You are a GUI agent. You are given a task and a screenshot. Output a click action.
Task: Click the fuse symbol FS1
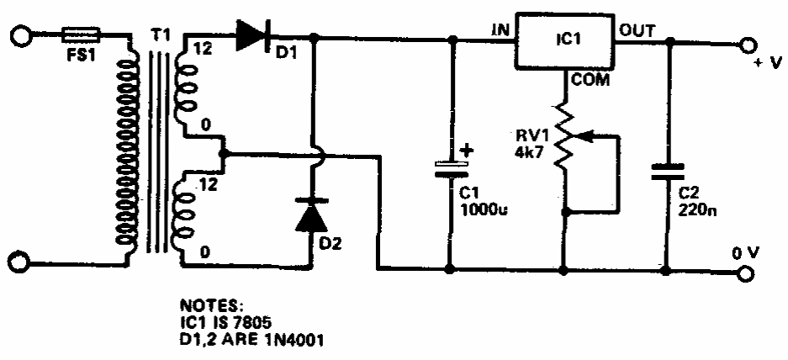click(x=81, y=35)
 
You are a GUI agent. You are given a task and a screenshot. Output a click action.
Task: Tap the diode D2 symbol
click(x=311, y=214)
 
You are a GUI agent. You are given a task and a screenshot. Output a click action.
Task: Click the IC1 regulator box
click(x=566, y=40)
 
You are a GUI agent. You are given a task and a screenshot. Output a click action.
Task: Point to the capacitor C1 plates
click(x=452, y=169)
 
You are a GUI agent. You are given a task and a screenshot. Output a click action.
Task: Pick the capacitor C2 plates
click(x=667, y=172)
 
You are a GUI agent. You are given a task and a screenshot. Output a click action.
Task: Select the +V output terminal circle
click(x=748, y=45)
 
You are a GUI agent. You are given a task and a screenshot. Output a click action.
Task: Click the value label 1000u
click(x=484, y=209)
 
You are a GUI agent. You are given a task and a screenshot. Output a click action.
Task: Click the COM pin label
click(x=589, y=79)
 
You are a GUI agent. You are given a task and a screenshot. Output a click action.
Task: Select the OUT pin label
click(x=637, y=31)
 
